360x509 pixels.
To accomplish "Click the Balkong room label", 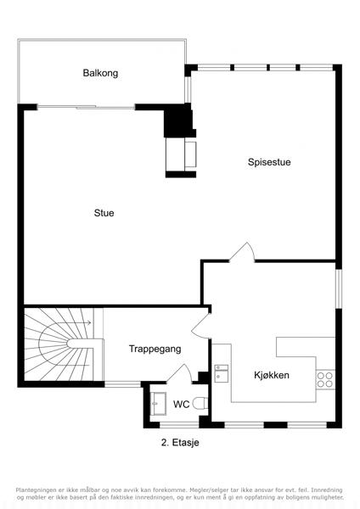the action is coord(100,73).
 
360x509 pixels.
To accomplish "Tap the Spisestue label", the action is coord(269,162).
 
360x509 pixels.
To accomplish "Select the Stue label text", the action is coord(104,213).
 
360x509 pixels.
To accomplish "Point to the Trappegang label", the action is coord(155,349).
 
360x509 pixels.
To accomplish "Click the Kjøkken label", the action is coord(272,375).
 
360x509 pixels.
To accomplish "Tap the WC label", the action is coord(182,405).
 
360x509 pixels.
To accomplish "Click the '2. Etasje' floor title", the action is coord(180,443).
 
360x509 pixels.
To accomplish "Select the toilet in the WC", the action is coord(200,404).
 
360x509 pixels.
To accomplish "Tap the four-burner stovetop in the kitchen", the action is coord(325,380).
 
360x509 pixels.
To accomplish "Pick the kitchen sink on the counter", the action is coord(222,372).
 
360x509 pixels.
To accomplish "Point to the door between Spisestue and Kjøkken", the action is coord(242,252).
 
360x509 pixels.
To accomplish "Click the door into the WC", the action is coord(179,373).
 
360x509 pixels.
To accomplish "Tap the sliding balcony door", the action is coord(86,107).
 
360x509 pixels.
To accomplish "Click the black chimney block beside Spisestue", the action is coord(179,120).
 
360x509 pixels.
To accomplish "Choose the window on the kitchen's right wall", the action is coord(339,288).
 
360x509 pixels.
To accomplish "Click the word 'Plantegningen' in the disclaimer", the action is coord(34,489).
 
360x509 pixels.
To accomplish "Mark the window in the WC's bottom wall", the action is coord(179,425).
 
